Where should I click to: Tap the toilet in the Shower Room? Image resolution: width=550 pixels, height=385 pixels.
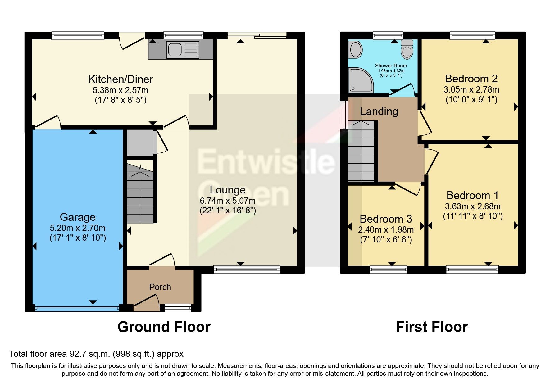click(x=407, y=50)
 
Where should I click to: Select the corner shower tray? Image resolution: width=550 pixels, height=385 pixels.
click(x=360, y=80)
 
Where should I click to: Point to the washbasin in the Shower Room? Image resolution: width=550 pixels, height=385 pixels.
click(x=356, y=50)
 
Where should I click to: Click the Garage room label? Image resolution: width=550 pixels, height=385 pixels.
click(x=78, y=217)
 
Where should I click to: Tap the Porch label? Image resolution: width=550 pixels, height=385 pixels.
click(x=160, y=287)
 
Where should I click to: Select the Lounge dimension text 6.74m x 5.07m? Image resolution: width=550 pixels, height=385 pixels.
click(x=228, y=201)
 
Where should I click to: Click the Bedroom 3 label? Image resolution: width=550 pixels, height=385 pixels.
click(x=386, y=219)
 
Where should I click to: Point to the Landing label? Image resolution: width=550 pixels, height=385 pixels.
click(x=379, y=111)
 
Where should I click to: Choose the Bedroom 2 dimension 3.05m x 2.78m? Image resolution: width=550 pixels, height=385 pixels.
click(x=471, y=90)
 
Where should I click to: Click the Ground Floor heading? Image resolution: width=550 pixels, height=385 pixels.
click(x=164, y=327)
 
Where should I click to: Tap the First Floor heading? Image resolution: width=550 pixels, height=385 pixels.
click(x=432, y=327)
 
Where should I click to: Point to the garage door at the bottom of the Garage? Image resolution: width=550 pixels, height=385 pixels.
click(x=77, y=308)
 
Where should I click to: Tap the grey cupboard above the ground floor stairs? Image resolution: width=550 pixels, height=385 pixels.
click(x=140, y=143)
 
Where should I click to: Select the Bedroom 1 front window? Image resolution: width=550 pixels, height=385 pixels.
click(x=472, y=269)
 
